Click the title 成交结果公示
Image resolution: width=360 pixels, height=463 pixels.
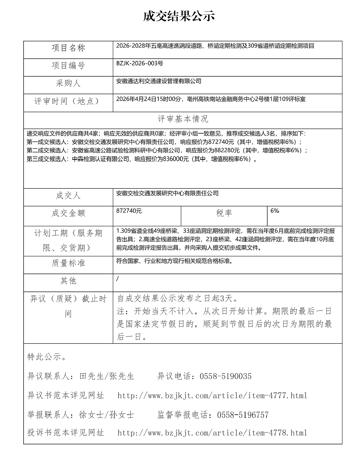(179, 16)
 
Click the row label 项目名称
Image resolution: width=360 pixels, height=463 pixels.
(68, 48)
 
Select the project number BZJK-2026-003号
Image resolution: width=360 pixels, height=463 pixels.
(140, 63)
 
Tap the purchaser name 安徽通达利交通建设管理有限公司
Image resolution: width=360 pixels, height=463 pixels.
(159, 81)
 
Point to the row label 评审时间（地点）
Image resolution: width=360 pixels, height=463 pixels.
(68, 101)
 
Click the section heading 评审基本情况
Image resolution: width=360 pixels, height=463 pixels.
(183, 119)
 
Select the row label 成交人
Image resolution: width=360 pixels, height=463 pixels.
(68, 196)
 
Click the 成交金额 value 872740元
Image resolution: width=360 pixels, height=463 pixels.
(129, 211)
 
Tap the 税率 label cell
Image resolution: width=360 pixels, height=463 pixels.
(224, 213)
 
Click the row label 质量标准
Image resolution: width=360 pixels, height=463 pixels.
(68, 263)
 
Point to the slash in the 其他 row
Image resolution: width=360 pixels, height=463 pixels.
(117, 279)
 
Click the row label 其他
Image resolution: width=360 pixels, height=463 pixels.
(68, 281)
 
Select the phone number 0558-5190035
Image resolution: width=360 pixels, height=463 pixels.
(225, 376)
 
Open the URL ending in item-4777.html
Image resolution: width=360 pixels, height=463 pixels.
(212, 396)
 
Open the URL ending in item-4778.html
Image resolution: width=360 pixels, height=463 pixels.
(212, 433)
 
